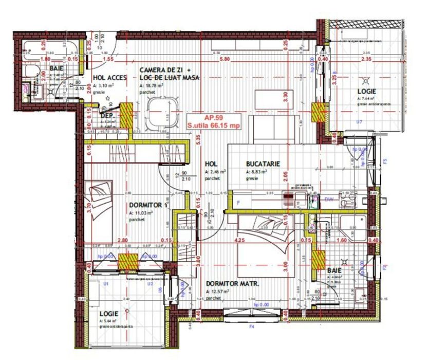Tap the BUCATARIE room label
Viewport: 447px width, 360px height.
[x=263, y=164]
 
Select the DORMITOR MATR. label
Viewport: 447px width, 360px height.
[x=232, y=283]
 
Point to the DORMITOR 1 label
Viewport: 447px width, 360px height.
[x=148, y=205]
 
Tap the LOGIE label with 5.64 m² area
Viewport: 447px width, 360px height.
[x=109, y=313]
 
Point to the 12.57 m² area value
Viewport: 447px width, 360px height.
[x=219, y=292]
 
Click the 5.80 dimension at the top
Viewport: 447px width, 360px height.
[x=225, y=60]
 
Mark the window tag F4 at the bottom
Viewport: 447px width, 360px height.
[x=252, y=326]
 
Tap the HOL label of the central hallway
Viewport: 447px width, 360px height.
[x=211, y=164]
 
